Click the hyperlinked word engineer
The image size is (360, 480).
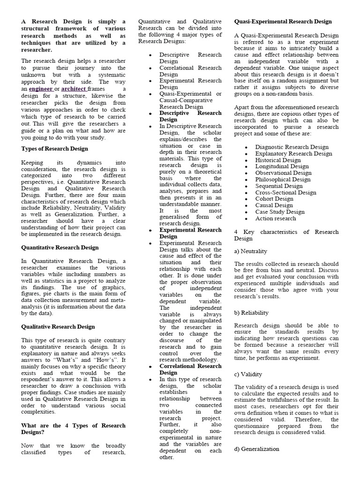point(40,89)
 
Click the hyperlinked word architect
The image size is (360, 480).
point(74,89)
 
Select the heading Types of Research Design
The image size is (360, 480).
point(54,149)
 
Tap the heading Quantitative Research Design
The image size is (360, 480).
point(60,247)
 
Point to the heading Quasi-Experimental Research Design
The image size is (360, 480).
point(283,22)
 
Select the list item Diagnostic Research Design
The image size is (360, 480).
point(292,147)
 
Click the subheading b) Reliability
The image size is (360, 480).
point(251,313)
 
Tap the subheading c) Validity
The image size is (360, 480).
point(248,374)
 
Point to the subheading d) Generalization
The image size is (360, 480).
point(256,449)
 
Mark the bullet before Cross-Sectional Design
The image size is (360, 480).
point(247,193)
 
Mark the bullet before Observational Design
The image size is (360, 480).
point(247,173)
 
